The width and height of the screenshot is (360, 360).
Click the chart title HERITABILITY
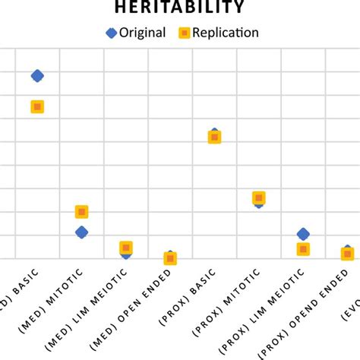click(x=179, y=8)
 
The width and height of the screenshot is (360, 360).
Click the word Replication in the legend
click(x=226, y=33)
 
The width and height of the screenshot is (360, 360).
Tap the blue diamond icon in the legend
click(x=110, y=33)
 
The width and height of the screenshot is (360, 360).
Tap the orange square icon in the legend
click(x=183, y=33)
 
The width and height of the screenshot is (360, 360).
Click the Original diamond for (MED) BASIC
click(x=37, y=75)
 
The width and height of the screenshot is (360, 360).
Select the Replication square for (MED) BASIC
click(x=37, y=107)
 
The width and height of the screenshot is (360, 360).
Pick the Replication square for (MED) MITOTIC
click(x=82, y=212)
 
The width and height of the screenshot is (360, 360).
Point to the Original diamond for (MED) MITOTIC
click(x=81, y=232)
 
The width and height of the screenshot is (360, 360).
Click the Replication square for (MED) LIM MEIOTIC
click(x=126, y=248)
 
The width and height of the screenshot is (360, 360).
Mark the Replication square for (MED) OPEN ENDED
click(x=170, y=259)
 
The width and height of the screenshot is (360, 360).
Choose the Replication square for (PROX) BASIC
click(x=214, y=137)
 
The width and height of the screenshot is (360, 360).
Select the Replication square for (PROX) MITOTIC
click(x=259, y=197)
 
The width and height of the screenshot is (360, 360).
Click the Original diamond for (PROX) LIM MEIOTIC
click(x=303, y=234)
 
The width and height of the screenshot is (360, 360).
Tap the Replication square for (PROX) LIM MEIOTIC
click(x=303, y=249)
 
